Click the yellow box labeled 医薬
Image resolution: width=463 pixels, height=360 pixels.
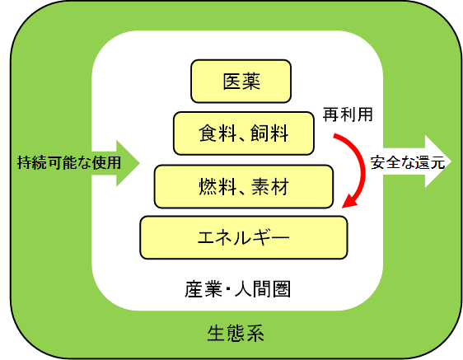(x=241, y=82)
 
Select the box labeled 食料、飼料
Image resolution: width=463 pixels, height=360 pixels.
(x=244, y=133)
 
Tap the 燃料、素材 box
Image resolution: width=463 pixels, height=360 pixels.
(x=244, y=186)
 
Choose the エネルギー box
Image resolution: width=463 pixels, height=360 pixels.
(x=244, y=237)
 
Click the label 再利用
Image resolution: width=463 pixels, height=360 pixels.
(x=348, y=115)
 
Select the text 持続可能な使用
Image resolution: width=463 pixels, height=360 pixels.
(x=69, y=163)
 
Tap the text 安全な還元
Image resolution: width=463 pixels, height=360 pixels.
(x=408, y=162)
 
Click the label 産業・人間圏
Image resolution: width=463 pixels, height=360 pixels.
(x=237, y=289)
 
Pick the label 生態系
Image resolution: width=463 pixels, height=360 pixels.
(x=236, y=334)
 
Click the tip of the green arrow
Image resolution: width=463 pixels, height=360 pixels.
(x=139, y=163)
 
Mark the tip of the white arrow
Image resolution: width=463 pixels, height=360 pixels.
(x=451, y=161)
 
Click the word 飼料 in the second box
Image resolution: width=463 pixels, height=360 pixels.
(x=269, y=133)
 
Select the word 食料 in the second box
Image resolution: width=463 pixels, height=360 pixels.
(x=217, y=133)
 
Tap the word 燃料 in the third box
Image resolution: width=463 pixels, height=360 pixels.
(x=217, y=186)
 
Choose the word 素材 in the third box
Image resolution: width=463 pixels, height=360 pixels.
(x=270, y=186)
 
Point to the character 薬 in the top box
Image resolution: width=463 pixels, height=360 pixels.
(x=251, y=82)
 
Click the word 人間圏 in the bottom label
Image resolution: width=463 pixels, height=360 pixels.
(x=263, y=289)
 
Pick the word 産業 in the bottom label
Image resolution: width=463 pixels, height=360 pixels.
(x=203, y=289)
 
